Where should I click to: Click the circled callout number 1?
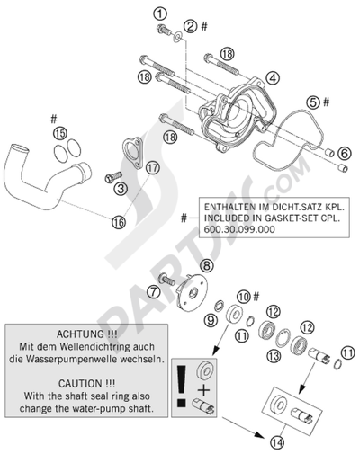(160, 13)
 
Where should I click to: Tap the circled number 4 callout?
(273, 78)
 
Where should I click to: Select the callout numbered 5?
(312, 102)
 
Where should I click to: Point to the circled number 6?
(344, 154)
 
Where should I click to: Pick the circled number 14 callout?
(278, 442)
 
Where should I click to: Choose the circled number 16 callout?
(119, 222)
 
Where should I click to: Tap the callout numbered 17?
(153, 168)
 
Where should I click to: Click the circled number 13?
(274, 356)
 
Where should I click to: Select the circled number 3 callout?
(121, 189)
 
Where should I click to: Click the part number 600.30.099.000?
(239, 229)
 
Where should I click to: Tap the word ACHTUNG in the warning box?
(76, 334)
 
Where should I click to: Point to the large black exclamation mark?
(182, 387)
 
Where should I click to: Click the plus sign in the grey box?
(204, 390)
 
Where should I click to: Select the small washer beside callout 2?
(178, 36)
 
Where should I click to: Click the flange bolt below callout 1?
(164, 29)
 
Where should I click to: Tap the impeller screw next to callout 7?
(166, 280)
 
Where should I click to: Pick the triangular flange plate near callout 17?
(132, 154)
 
